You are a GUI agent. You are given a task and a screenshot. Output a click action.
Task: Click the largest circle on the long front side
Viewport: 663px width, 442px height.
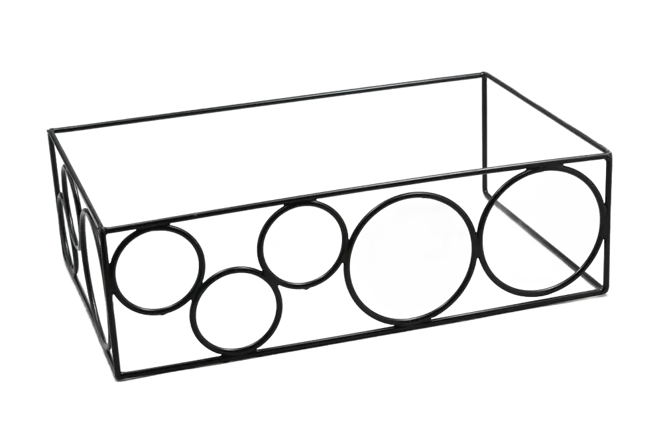tap(543, 229)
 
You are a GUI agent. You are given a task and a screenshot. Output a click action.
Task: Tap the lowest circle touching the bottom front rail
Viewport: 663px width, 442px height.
tap(236, 309)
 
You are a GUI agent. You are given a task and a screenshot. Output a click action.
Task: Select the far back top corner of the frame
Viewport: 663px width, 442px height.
tap(484, 73)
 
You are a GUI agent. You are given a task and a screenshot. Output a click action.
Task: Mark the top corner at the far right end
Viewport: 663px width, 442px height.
tap(607, 155)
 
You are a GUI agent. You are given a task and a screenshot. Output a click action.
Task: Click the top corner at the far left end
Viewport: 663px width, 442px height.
tap(50, 131)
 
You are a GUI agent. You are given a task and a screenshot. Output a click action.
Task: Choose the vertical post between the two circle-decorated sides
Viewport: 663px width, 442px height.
tap(110, 305)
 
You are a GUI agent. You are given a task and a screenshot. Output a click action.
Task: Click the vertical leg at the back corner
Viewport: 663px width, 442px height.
tap(485, 133)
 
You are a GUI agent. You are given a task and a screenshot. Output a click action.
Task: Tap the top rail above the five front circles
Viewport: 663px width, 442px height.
tap(358, 193)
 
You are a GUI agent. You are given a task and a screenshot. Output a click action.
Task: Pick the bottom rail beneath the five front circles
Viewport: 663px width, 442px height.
tap(358, 335)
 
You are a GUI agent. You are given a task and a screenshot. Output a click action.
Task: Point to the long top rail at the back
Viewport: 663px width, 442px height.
tap(265, 102)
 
